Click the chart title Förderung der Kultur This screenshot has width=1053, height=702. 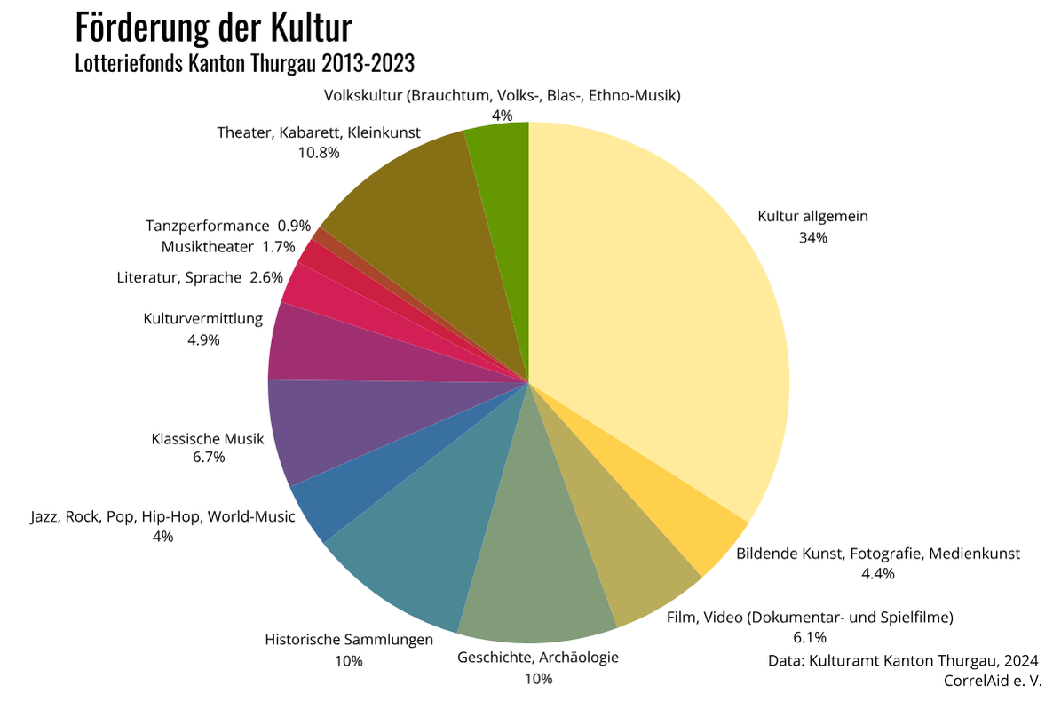(213, 28)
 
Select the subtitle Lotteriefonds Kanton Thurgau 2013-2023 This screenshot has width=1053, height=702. (245, 64)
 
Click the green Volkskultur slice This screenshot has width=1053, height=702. (503, 222)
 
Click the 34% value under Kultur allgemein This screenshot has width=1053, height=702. (812, 238)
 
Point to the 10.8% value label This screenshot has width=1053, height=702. (319, 152)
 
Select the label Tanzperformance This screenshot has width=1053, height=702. (207, 226)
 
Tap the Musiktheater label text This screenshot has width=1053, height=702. (208, 246)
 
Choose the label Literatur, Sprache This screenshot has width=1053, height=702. (178, 277)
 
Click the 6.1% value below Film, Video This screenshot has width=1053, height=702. (810, 637)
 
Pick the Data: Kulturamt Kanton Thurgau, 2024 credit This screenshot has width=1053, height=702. (903, 660)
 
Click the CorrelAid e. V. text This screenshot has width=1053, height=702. (993, 681)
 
